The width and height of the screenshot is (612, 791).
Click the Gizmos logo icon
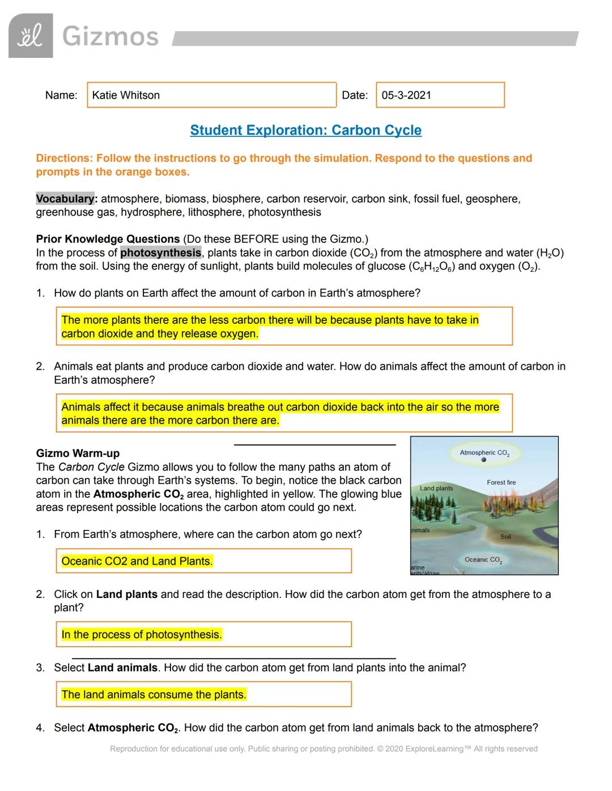coord(31,36)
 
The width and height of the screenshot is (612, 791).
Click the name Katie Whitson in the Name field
coord(126,95)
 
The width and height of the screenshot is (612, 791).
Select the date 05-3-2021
coord(406,95)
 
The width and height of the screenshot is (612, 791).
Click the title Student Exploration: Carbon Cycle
coord(305,130)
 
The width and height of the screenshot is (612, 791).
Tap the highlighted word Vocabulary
coord(65,199)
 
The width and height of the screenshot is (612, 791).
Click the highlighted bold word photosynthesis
coord(160,253)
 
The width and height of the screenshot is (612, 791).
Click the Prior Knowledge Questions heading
coord(108,239)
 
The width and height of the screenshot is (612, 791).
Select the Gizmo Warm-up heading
coord(78,453)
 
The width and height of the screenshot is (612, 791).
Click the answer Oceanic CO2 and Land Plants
coord(137,561)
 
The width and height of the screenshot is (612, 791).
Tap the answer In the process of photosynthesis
coord(142,635)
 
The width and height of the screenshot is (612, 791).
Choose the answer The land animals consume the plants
coord(154,695)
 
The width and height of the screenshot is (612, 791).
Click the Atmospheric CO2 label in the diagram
coord(484,453)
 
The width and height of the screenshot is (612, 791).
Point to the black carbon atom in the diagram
coord(483,460)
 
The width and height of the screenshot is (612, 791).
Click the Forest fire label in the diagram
coord(501,482)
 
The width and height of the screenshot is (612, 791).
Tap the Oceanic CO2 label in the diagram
coord(483,560)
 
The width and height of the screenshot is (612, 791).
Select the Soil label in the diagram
coord(505,536)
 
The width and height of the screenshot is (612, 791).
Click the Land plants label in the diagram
coord(436,488)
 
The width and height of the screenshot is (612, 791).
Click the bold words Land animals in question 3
coord(122,668)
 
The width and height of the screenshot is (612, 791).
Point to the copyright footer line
coord(324,749)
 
